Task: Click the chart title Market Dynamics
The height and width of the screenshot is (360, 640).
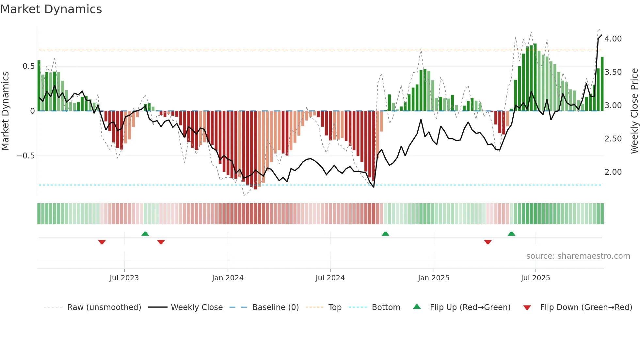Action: pyautogui.click(x=51, y=9)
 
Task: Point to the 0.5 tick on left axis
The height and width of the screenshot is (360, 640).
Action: pyautogui.click(x=28, y=66)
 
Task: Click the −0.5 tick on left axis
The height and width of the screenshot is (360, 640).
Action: pyautogui.click(x=26, y=156)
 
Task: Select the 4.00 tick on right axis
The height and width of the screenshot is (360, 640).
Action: pyautogui.click(x=613, y=39)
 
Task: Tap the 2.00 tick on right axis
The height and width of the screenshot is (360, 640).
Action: pyautogui.click(x=613, y=172)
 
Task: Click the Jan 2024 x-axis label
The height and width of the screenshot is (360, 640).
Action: pyautogui.click(x=228, y=278)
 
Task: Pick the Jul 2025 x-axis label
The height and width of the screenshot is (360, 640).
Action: pyautogui.click(x=535, y=278)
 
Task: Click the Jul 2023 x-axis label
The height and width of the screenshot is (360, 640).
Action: pyautogui.click(x=124, y=278)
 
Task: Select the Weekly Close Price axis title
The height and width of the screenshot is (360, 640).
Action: pyautogui.click(x=634, y=111)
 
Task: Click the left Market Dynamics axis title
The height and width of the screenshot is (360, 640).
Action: pyautogui.click(x=5, y=111)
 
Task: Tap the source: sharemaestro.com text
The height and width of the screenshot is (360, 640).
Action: pyautogui.click(x=578, y=256)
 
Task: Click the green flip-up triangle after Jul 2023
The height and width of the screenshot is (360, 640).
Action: pyautogui.click(x=145, y=234)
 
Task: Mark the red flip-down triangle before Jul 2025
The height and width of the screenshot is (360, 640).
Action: pyautogui.click(x=488, y=242)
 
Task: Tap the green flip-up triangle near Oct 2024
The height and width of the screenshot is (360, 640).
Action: pyautogui.click(x=385, y=234)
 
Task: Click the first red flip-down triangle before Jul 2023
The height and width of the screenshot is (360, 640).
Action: pyautogui.click(x=102, y=242)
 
